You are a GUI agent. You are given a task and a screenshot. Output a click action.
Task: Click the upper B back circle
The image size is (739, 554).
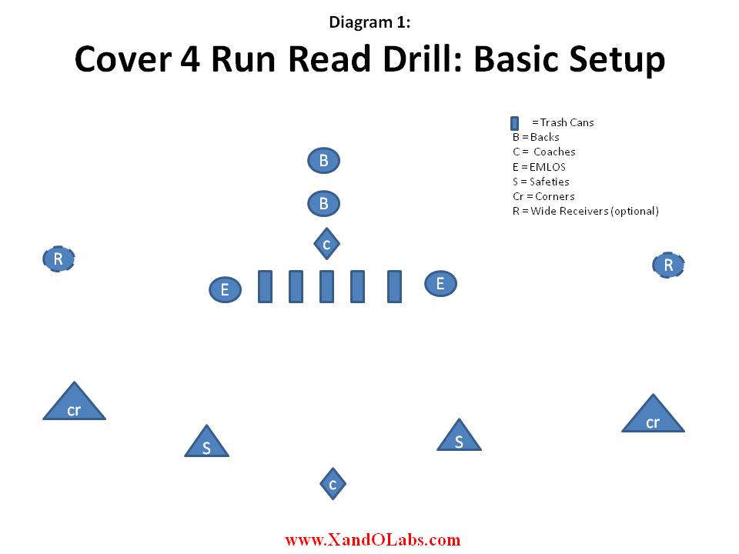324,161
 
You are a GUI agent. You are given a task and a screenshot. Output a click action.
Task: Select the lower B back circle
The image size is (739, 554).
324,203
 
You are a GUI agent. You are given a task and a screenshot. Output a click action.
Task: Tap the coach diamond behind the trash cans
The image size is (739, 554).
326,244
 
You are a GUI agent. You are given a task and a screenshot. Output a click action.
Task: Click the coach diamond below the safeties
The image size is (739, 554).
333,484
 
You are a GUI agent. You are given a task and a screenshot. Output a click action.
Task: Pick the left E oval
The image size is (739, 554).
226,289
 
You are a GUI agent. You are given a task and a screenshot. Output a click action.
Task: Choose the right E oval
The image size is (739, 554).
440,284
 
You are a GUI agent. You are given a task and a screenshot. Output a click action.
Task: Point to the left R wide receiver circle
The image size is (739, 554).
59,259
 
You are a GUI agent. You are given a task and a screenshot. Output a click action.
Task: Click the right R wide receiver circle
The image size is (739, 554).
668,265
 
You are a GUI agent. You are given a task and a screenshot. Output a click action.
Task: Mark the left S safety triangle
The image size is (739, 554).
206,444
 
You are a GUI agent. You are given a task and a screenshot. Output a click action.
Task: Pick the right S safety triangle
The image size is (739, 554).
459,438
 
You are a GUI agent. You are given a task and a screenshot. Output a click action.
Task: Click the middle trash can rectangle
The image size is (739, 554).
326,286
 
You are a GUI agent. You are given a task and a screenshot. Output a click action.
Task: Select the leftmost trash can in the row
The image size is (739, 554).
266,286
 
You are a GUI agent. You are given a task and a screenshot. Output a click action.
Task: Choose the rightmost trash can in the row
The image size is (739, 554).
394,286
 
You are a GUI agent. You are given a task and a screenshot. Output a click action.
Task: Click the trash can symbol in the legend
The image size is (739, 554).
515,123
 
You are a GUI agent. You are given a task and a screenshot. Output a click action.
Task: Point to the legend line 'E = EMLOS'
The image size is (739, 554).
539,167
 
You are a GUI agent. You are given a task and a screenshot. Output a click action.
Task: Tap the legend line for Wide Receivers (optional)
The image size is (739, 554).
586,211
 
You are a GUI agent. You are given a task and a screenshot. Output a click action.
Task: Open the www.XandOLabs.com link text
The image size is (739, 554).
373,539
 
